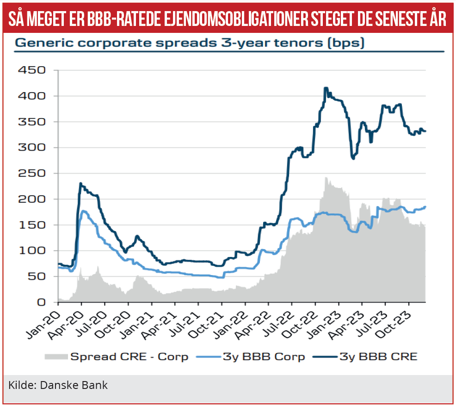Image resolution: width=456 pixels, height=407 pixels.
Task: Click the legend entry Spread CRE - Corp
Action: (x=129, y=357)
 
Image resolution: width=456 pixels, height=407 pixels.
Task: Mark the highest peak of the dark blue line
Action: (x=326, y=88)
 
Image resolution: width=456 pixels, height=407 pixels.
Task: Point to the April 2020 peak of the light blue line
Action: (x=84, y=211)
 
